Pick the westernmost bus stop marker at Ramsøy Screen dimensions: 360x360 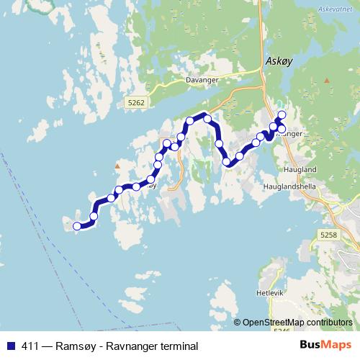click(x=77, y=227)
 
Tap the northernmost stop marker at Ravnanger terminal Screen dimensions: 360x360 click(x=282, y=115)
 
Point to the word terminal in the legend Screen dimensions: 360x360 click(x=177, y=346)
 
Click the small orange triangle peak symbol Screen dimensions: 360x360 click(x=117, y=167)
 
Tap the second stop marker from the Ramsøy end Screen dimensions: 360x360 click(x=94, y=216)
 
